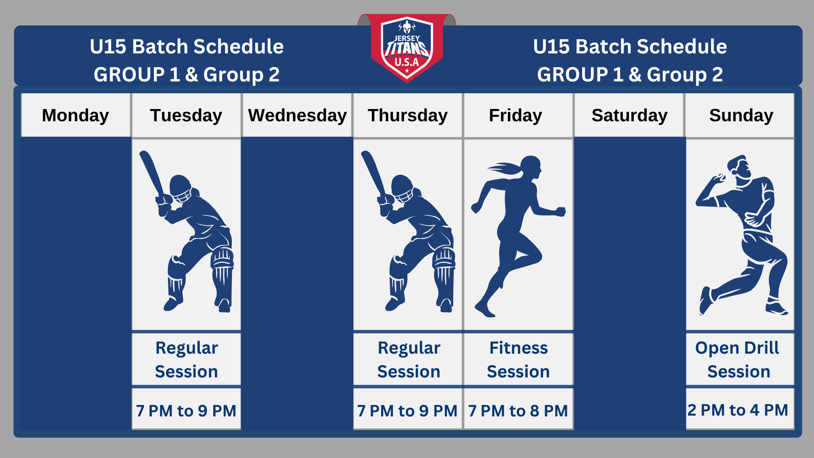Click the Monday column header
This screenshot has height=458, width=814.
click(x=75, y=115)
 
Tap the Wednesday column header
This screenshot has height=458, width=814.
click(x=297, y=115)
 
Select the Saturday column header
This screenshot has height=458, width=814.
click(x=629, y=115)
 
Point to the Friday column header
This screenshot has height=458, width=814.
click(x=519, y=115)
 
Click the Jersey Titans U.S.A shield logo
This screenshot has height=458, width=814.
click(x=407, y=49)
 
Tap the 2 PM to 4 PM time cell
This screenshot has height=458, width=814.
click(x=740, y=409)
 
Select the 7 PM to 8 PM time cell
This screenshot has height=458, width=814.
click(x=519, y=410)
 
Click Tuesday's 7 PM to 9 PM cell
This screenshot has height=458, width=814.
click(x=186, y=410)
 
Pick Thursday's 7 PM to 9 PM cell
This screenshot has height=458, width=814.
click(x=407, y=410)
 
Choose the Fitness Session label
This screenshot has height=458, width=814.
click(x=519, y=359)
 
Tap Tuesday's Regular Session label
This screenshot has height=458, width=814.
click(x=186, y=359)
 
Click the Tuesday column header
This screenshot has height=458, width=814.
click(x=186, y=115)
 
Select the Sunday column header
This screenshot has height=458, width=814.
click(x=740, y=115)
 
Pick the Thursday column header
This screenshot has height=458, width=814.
click(x=407, y=115)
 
